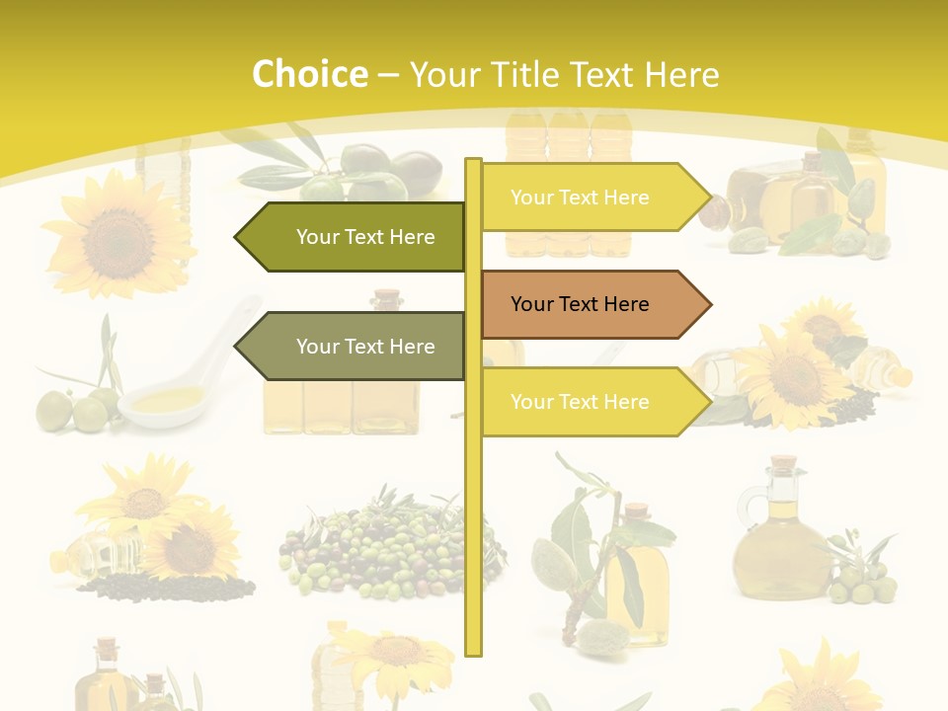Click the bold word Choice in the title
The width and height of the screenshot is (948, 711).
pyautogui.click(x=309, y=74)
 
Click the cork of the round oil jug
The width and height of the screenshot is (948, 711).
pyautogui.click(x=783, y=464)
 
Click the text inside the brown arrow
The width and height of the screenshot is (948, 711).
pyautogui.click(x=580, y=304)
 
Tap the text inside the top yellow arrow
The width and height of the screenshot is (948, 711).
pyautogui.click(x=580, y=197)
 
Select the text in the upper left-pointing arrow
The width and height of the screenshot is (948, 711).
pyautogui.click(x=365, y=237)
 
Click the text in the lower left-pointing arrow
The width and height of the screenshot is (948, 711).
pyautogui.click(x=365, y=347)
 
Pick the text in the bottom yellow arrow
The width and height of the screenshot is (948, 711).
pyautogui.click(x=580, y=402)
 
